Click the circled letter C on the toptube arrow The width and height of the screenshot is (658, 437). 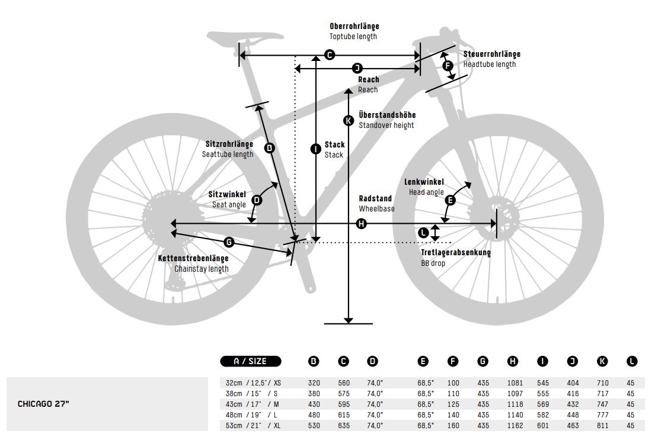[330, 55]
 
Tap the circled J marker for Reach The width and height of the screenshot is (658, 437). [357, 68]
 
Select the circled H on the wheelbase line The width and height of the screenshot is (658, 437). [362, 223]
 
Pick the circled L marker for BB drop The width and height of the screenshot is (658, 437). [423, 233]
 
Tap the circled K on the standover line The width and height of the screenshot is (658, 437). [349, 120]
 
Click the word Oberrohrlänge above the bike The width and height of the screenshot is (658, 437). [354, 27]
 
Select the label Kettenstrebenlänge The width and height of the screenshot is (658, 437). [193, 258]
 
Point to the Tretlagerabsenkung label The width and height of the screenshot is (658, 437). [456, 253]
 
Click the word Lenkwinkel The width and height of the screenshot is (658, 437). [424, 182]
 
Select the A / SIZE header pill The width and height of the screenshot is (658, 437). [251, 361]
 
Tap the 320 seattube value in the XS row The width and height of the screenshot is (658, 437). [314, 383]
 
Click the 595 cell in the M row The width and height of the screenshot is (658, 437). [344, 404]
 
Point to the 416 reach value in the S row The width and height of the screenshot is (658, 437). [572, 394]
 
